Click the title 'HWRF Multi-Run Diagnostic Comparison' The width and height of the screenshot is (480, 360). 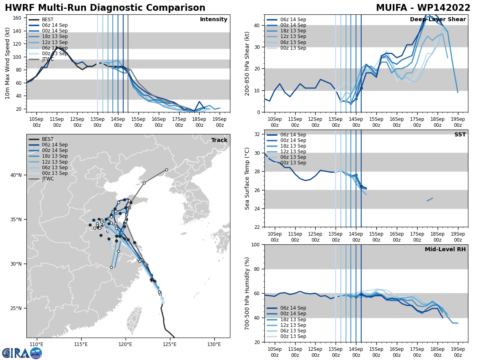[x=105, y=8]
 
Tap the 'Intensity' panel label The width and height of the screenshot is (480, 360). [x=214, y=20]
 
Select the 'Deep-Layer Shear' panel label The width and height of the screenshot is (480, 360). [x=438, y=20]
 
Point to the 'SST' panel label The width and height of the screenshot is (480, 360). [x=460, y=135]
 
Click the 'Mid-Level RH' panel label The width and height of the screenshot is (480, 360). [x=445, y=250]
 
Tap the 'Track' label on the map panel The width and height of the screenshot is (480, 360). [x=219, y=140]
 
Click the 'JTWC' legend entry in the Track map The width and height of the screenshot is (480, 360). [x=48, y=179]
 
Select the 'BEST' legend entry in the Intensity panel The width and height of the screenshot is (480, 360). [x=48, y=20]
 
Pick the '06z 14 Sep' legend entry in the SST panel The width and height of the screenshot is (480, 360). [x=293, y=135]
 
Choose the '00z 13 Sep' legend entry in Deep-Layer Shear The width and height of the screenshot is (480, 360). [x=293, y=48]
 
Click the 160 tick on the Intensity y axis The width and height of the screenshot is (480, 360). [x=18, y=18]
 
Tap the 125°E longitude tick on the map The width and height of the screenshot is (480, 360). [x=170, y=344]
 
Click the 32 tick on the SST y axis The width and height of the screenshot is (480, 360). [x=258, y=134]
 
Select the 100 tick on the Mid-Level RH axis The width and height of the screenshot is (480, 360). [x=256, y=244]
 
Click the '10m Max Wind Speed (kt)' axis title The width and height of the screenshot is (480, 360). [x=7, y=63]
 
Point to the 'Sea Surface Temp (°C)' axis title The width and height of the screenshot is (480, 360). [x=247, y=178]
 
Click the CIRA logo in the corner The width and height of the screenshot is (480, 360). [x=22, y=353]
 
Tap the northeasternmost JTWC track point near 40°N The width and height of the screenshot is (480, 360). [x=166, y=170]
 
